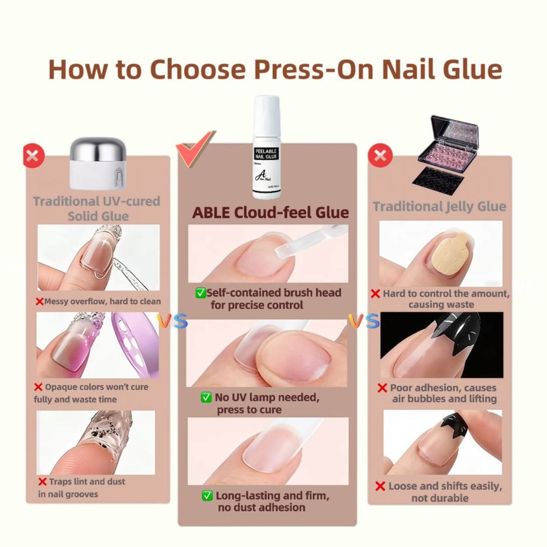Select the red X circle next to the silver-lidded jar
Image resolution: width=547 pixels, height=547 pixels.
coord(34,155)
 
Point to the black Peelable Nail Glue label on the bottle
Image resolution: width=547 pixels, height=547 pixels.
coord(266,154)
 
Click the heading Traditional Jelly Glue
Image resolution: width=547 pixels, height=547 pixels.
coord(439,207)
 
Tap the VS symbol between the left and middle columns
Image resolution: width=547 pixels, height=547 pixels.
coord(172,321)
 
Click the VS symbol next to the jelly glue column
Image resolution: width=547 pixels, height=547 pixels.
coord(364,321)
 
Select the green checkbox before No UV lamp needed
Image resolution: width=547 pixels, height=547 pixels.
coord(206,397)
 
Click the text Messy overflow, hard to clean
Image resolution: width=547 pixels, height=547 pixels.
coord(102,301)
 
